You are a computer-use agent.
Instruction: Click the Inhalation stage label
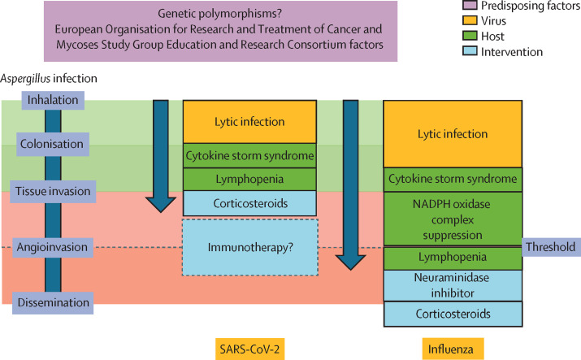(53, 100)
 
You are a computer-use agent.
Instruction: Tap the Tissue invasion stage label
(53, 191)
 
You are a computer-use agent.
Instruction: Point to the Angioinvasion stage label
(53, 246)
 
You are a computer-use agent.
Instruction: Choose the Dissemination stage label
(53, 302)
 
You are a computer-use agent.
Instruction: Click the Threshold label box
(550, 246)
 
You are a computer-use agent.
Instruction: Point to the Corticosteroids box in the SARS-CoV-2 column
(249, 203)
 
